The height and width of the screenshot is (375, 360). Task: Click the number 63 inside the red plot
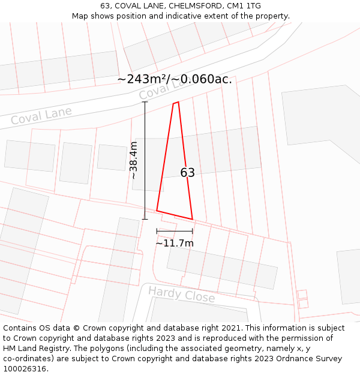[187, 173]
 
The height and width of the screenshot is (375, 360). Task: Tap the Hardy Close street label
[181, 295]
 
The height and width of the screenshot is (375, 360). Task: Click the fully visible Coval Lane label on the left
[41, 115]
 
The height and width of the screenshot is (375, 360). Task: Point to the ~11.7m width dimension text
[175, 243]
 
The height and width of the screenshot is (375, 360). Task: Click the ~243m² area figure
[142, 79]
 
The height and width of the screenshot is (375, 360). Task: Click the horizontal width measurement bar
[175, 231]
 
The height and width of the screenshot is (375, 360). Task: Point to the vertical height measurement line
[145, 160]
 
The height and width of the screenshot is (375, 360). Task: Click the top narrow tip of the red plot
[176, 103]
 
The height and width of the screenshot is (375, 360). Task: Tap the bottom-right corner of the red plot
[192, 219]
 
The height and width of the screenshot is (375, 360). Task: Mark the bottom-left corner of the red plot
[157, 211]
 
